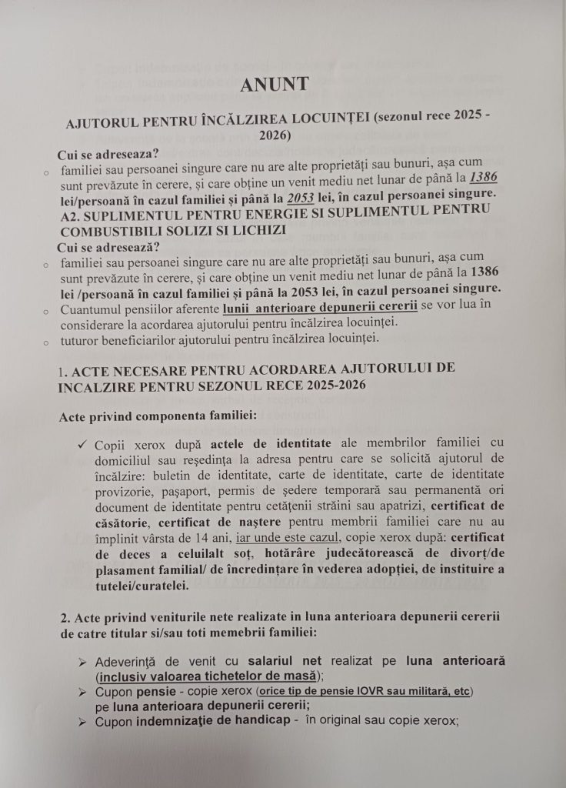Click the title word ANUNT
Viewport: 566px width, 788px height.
[273, 84]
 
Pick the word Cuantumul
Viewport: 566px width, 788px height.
[93, 308]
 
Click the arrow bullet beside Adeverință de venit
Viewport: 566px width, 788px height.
[82, 662]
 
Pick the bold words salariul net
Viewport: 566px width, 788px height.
[286, 662]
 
